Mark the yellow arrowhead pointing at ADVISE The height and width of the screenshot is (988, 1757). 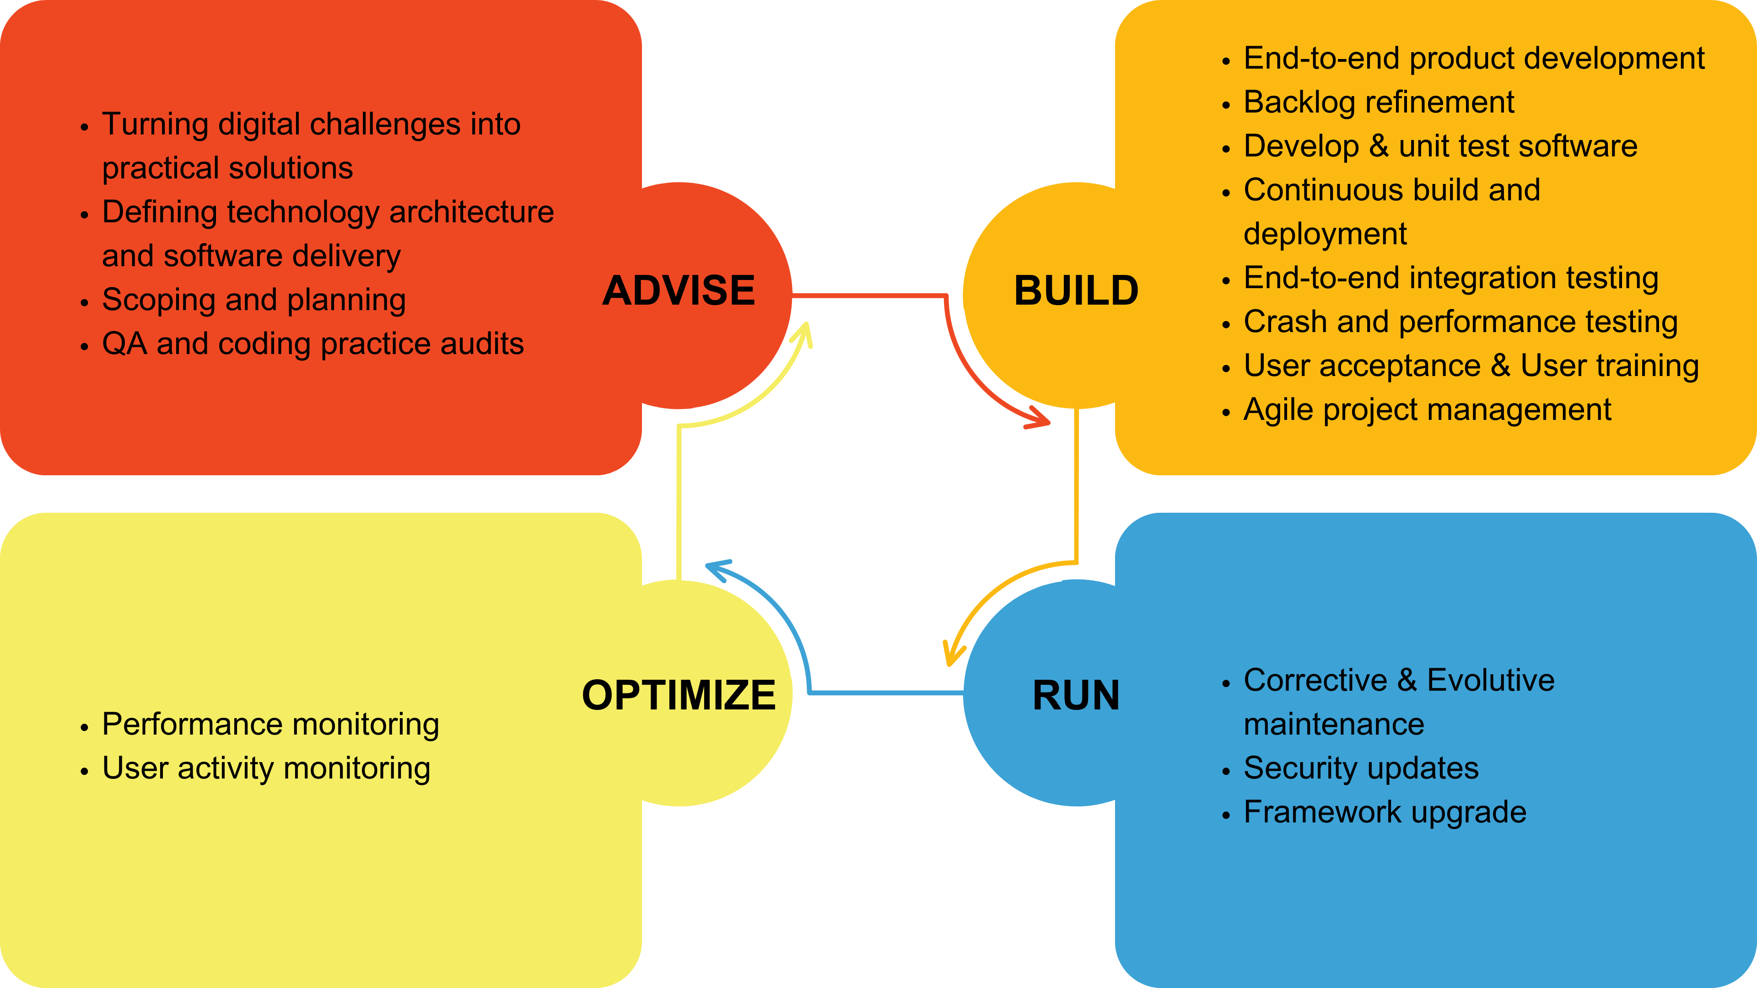pyautogui.click(x=803, y=334)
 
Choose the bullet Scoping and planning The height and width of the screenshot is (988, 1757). pyautogui.click(x=254, y=300)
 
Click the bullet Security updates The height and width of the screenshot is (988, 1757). pyautogui.click(x=1361, y=768)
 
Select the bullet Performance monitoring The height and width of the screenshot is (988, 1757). pyautogui.click(x=270, y=725)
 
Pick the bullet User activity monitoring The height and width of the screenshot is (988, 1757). pyautogui.click(x=266, y=768)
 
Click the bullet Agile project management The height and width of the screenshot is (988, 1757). pyautogui.click(x=1427, y=410)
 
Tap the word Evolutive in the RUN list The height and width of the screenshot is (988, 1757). pyautogui.click(x=1490, y=681)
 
